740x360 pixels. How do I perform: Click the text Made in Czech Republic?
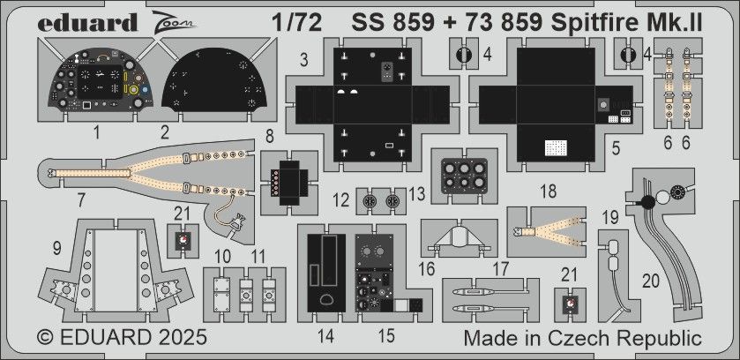click(582, 339)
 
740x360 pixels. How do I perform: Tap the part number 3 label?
click(303, 60)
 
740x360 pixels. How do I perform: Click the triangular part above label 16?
click(456, 236)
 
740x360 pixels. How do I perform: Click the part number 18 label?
click(548, 191)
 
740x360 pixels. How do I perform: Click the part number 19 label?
click(609, 217)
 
